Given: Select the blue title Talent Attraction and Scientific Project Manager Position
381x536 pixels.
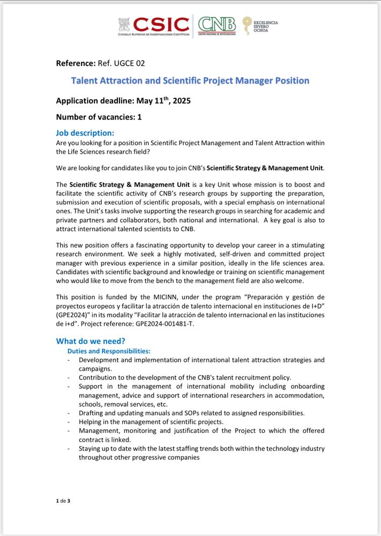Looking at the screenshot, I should pyautogui.click(x=190, y=81).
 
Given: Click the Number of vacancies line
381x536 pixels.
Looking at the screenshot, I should pyautogui.click(x=99, y=116).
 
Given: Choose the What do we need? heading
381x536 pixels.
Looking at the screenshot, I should pyautogui.click(x=91, y=341).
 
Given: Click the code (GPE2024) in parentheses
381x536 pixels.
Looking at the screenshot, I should pyautogui.click(x=73, y=315).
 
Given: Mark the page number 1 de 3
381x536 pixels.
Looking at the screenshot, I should pyautogui.click(x=63, y=501).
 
